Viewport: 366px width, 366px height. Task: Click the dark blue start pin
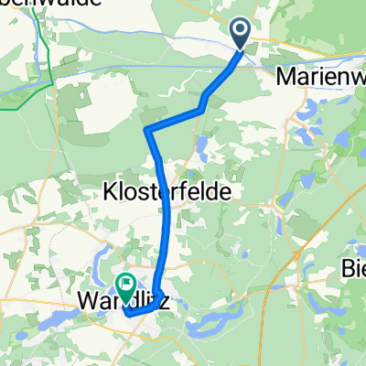click(241, 34)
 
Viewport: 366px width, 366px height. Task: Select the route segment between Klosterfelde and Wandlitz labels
click(167, 242)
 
